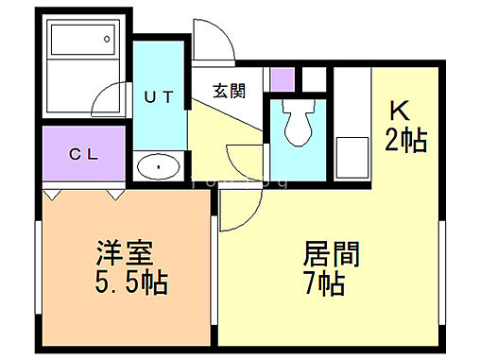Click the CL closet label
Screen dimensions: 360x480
pyautogui.click(x=82, y=155)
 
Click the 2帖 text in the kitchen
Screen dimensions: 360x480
pyautogui.click(x=406, y=141)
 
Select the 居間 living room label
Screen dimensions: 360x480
pyautogui.click(x=330, y=254)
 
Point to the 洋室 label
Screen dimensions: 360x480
pyautogui.click(x=124, y=253)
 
